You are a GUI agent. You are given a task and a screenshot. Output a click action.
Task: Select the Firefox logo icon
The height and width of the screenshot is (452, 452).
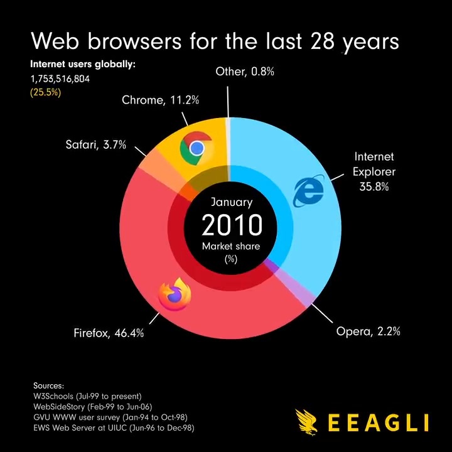point(175,294)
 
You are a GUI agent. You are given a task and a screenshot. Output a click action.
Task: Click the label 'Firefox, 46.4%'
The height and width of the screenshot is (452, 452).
point(109,333)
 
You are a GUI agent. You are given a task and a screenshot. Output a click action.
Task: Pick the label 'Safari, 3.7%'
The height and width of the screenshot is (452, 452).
point(95,145)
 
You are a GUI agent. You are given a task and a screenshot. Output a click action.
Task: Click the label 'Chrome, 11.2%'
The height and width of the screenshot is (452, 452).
point(152,100)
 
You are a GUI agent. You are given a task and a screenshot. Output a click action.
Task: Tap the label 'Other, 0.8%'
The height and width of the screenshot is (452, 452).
point(245,72)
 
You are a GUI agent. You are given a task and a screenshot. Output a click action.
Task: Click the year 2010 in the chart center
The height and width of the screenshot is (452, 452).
point(231,225)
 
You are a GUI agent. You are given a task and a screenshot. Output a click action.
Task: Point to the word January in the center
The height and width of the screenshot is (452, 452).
point(231,202)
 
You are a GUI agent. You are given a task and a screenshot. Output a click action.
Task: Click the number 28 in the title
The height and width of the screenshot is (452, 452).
point(323,41)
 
